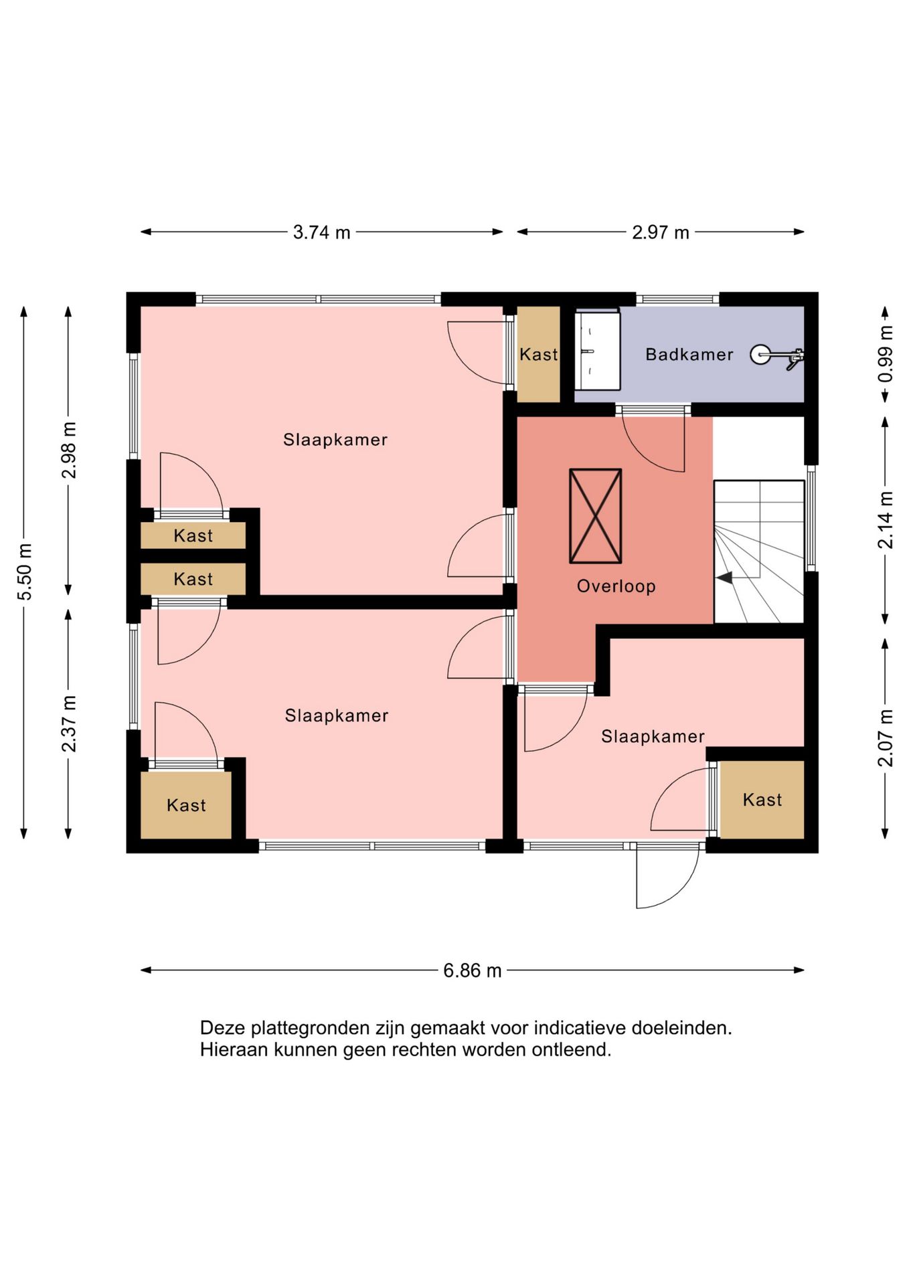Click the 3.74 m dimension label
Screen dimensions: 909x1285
(321, 232)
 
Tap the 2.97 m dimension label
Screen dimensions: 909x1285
(660, 232)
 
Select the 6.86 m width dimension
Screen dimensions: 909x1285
(472, 970)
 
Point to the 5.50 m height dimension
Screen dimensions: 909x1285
(24, 572)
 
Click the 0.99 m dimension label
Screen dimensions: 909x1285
(885, 354)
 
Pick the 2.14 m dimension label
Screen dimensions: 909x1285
(885, 520)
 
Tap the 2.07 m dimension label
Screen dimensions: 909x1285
(885, 738)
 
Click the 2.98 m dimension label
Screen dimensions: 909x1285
(68, 450)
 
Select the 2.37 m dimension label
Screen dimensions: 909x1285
(68, 723)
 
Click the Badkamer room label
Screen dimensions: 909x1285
(689, 354)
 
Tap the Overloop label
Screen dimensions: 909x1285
(616, 586)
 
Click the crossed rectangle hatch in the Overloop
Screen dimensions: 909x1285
(595, 516)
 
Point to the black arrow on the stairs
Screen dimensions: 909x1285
(724, 578)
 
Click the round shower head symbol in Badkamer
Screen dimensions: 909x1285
(760, 355)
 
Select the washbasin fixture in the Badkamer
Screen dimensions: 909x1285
(597, 350)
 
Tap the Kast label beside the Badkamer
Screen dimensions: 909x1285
(538, 354)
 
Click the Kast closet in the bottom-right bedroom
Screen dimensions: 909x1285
(762, 799)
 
